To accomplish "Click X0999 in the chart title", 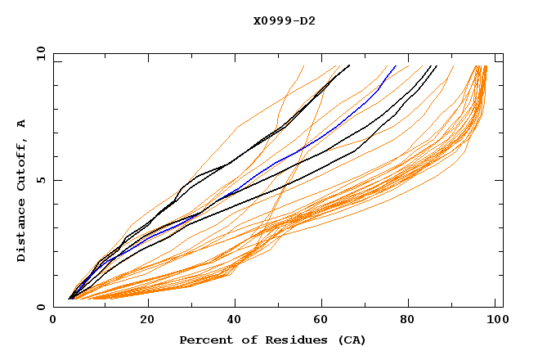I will click(269, 21).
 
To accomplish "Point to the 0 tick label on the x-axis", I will click(53, 320).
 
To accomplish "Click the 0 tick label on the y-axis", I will click(41, 308).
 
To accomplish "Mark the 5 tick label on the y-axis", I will click(41, 181).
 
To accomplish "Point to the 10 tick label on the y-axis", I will click(38, 54).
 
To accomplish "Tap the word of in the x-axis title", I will click(243, 340).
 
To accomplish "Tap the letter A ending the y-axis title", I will click(21, 124).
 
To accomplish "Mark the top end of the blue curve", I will click(396, 65).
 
